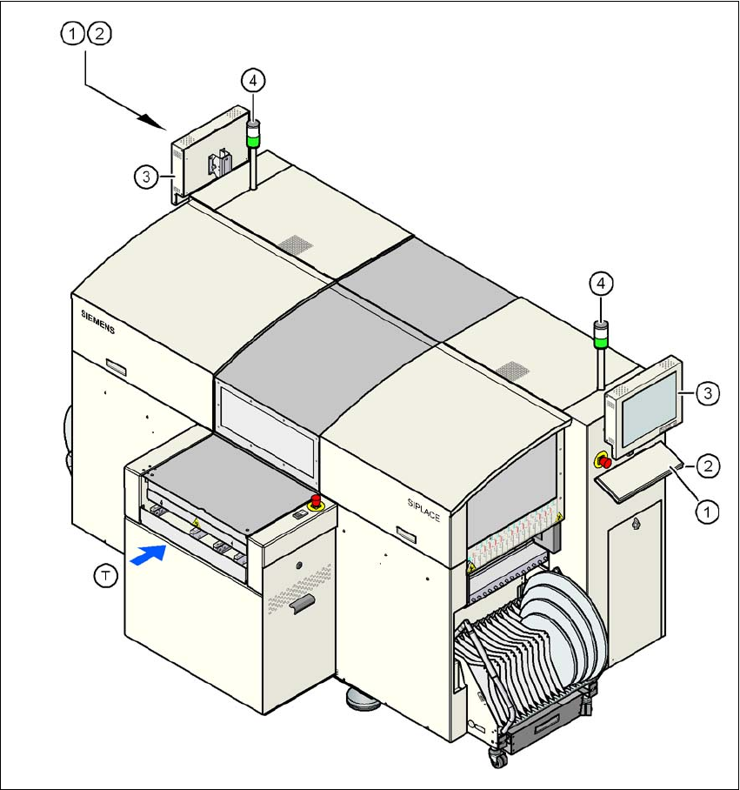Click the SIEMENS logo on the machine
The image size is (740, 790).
91,319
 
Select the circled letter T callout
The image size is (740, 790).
105,577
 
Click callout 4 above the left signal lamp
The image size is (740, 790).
252,81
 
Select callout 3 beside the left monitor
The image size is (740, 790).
146,177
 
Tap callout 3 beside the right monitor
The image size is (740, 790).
708,394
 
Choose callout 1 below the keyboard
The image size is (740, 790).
708,512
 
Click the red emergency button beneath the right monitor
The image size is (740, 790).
602,459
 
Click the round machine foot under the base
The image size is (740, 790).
366,697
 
